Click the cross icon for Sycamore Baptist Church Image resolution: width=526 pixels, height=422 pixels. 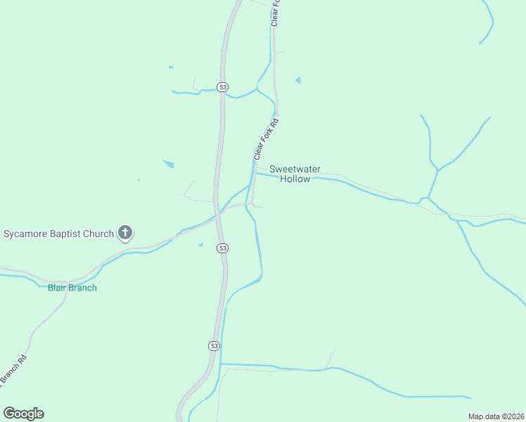click(x=125, y=233)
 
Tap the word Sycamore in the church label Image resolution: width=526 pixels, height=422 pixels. click(x=25, y=234)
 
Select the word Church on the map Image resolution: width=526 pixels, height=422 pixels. click(x=99, y=234)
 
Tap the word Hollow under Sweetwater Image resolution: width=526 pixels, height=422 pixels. click(x=295, y=179)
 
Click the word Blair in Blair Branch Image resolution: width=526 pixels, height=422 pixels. click(x=58, y=288)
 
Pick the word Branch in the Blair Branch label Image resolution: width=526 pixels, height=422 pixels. click(x=83, y=288)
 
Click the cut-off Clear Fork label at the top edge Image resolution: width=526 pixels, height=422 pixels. click(x=276, y=13)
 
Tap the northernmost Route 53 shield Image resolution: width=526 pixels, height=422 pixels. click(x=222, y=87)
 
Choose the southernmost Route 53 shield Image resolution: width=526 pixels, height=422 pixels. click(x=214, y=346)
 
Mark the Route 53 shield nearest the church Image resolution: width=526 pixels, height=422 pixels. click(x=222, y=248)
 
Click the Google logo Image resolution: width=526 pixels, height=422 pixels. click(x=23, y=414)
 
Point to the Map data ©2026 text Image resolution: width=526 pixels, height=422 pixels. click(x=495, y=416)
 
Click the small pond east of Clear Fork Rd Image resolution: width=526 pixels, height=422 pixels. click(x=298, y=80)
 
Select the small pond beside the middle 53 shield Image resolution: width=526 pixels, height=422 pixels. click(x=200, y=245)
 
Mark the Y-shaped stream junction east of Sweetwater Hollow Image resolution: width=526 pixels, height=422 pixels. click(x=437, y=171)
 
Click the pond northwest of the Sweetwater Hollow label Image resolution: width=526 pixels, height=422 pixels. click(x=169, y=165)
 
